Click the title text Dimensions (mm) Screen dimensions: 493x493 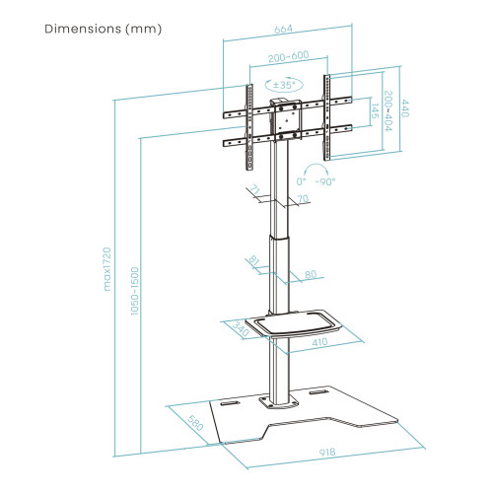click(104, 30)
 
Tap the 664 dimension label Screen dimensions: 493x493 click(283, 30)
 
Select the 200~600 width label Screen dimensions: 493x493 click(289, 56)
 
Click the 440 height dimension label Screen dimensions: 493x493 click(404, 108)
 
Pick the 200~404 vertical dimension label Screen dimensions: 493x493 click(388, 111)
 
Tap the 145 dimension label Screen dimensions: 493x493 click(375, 111)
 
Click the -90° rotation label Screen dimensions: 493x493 click(325, 181)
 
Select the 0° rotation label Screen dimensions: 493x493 click(301, 181)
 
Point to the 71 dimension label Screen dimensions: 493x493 click(254, 189)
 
